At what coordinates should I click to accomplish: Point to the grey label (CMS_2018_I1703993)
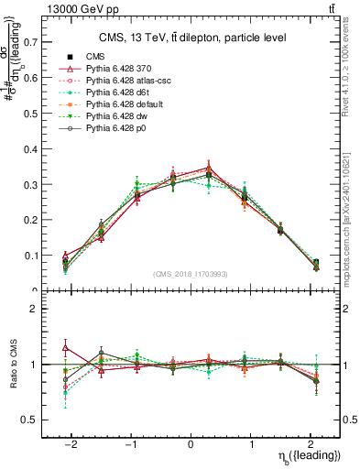pyautogui.click(x=191, y=274)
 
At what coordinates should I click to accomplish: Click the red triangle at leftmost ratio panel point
pyautogui.click(x=65, y=347)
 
